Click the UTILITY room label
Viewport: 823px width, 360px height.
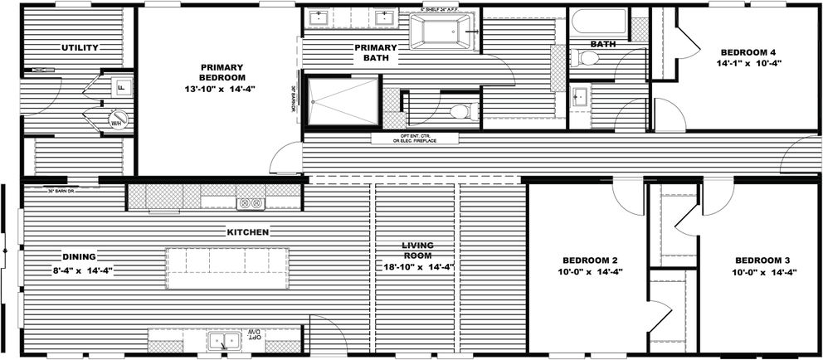click(x=80, y=48)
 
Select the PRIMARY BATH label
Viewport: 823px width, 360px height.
click(x=376, y=53)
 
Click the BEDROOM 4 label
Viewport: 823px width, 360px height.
click(x=749, y=56)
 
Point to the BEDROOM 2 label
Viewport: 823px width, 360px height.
click(x=590, y=265)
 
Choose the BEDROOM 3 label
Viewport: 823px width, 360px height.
click(x=764, y=265)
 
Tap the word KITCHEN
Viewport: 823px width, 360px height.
click(x=247, y=232)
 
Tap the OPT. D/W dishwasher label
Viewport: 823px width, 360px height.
click(x=252, y=335)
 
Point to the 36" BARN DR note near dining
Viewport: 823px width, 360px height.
click(x=61, y=192)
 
